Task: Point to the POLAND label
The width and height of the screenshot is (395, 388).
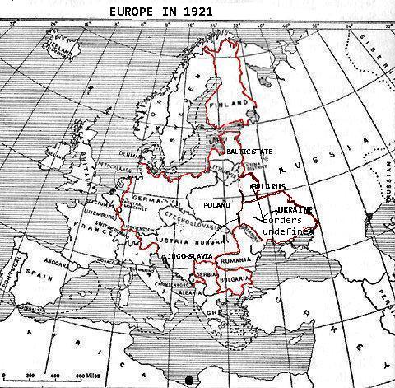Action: click(x=217, y=204)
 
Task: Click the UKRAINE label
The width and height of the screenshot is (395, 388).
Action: click(x=288, y=210)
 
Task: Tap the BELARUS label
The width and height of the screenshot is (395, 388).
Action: click(x=268, y=187)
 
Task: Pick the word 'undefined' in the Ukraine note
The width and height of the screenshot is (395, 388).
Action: click(x=288, y=233)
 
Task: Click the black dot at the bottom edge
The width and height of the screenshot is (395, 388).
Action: click(x=190, y=380)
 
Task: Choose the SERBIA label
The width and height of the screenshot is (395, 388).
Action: click(x=207, y=273)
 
